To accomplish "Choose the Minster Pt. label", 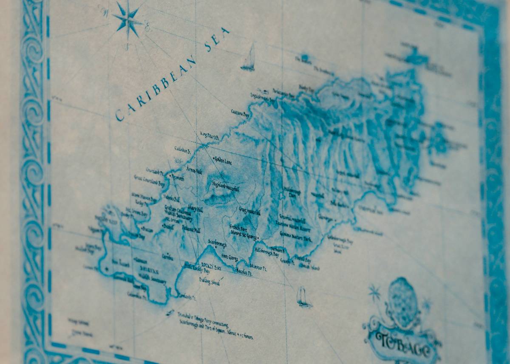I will click(x=258, y=268).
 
